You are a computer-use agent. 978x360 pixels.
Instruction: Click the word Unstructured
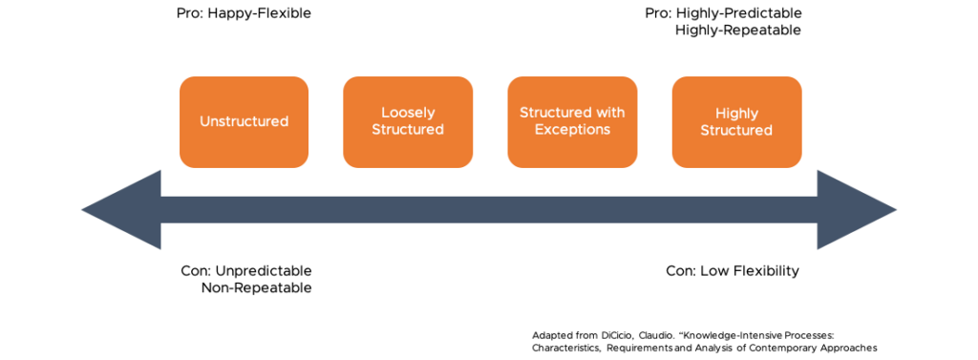pos(244,121)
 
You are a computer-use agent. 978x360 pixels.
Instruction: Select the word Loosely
pos(408,113)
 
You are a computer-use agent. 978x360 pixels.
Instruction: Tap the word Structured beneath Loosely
pos(408,130)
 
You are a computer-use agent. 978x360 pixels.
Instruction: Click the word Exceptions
pos(572,130)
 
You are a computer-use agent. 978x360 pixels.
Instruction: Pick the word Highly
pos(736,113)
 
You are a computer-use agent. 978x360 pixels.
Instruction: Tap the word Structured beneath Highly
pos(736,130)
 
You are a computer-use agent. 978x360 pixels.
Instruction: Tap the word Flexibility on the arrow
pos(767,271)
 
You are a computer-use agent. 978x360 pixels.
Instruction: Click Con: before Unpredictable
pos(195,271)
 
